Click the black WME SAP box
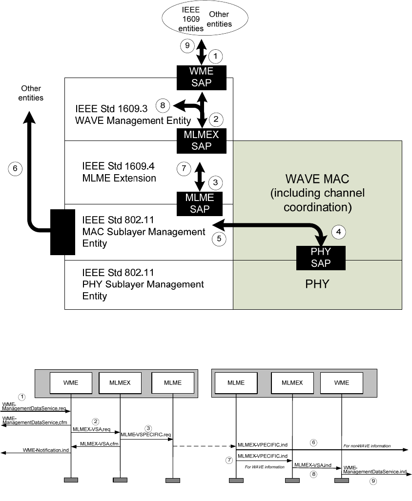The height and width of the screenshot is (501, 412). tap(202, 78)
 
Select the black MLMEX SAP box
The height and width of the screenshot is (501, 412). tap(202, 140)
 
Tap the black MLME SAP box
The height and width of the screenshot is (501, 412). tap(199, 203)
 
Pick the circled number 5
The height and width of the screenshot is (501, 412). tap(219, 239)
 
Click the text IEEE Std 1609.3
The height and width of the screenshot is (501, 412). tap(112, 108)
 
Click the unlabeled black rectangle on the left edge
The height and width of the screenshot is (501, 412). tap(61, 232)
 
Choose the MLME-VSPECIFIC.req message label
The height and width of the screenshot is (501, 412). tap(146, 434)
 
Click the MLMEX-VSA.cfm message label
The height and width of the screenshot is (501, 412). tap(96, 444)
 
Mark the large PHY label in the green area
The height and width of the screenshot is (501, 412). tap(317, 283)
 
